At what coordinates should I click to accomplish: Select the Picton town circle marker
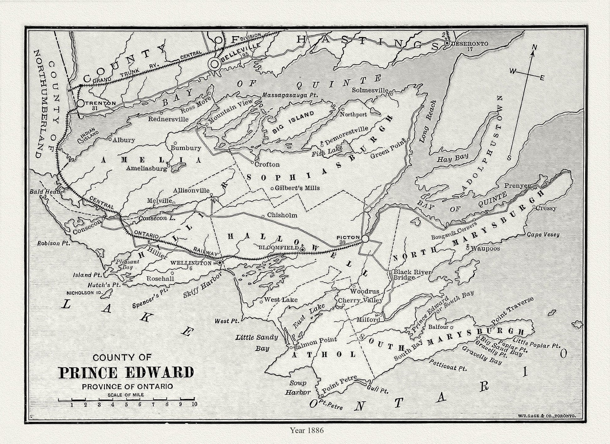point(365,239)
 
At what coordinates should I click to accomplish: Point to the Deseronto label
point(469,44)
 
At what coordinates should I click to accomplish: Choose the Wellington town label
point(191,263)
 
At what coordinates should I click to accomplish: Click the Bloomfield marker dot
point(302,250)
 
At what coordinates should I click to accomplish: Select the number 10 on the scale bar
point(194,404)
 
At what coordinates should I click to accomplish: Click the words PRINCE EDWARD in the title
point(126,373)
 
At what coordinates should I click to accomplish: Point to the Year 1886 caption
point(307,431)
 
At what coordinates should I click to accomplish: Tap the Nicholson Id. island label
point(85,293)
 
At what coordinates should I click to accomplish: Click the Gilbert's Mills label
point(297,188)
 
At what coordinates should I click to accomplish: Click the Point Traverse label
point(512,310)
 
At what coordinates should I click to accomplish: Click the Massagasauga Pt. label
point(290,95)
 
